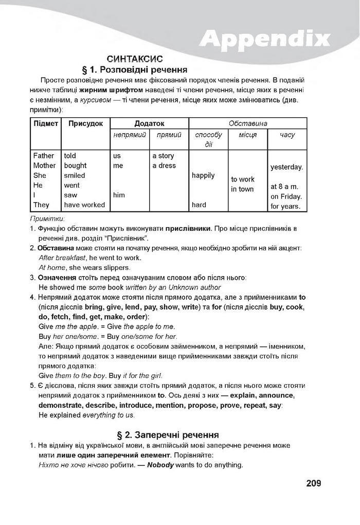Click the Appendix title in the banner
[264, 38]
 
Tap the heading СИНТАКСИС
[135, 59]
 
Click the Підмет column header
[46, 123]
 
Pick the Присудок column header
[85, 123]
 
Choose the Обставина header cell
[248, 123]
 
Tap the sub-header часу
[287, 135]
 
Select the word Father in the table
[44, 156]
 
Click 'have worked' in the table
[84, 205]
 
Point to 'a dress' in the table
[164, 166]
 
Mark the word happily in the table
[203, 175]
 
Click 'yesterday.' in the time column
[286, 167]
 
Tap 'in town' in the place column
[242, 189]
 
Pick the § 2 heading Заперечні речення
[175, 435]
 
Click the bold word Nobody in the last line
[160, 465]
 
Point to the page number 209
[313, 483]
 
